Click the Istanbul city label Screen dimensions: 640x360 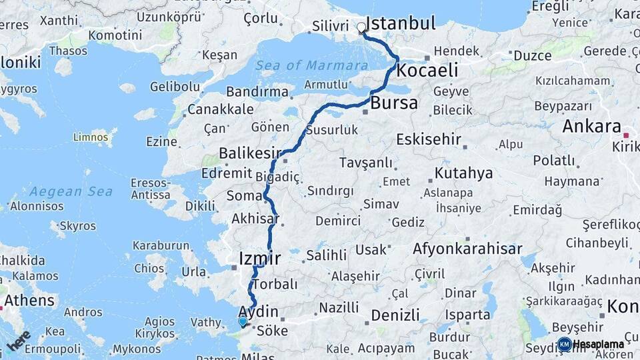click(x=401, y=23)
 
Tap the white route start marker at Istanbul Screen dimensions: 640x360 click(x=361, y=28)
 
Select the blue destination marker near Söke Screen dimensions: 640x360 click(x=243, y=321)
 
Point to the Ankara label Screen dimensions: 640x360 click(x=591, y=126)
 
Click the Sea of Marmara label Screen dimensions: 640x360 click(x=311, y=65)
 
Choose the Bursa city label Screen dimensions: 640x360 click(x=394, y=103)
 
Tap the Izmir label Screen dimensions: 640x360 click(x=259, y=258)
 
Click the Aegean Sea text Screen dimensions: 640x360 click(x=71, y=191)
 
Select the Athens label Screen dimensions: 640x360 click(x=30, y=300)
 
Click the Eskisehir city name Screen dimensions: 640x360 click(x=429, y=139)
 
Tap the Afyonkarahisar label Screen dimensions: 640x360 click(x=467, y=249)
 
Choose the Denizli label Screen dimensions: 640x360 click(x=395, y=315)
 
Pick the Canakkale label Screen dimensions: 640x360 click(x=221, y=109)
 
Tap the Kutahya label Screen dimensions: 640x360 click(x=463, y=173)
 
